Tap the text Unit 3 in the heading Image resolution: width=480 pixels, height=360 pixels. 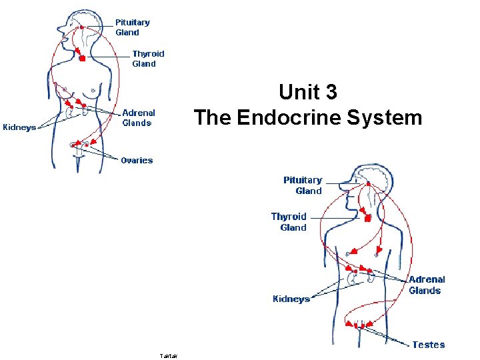click(x=307, y=92)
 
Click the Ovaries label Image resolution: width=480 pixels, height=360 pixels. click(x=137, y=160)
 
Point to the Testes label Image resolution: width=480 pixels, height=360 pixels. click(x=428, y=345)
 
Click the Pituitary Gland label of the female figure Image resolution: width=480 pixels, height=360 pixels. click(x=132, y=27)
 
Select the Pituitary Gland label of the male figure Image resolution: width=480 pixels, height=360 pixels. click(x=303, y=185)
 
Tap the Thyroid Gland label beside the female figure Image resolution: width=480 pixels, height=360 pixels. click(x=147, y=59)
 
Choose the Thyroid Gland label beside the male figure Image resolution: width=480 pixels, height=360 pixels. click(x=289, y=222)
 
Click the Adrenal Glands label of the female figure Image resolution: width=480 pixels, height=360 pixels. click(x=138, y=118)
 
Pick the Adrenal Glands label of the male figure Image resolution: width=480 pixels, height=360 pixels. click(x=426, y=285)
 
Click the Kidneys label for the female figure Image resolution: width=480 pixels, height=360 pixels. click(x=20, y=127)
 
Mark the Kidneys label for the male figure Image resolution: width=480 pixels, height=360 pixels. click(x=291, y=299)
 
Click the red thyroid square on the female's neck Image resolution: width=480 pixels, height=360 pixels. click(x=82, y=59)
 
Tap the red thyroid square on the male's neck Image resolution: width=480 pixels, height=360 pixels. click(x=366, y=218)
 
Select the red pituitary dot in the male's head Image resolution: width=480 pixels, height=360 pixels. click(x=366, y=184)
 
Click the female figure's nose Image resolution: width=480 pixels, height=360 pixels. click(x=59, y=29)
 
